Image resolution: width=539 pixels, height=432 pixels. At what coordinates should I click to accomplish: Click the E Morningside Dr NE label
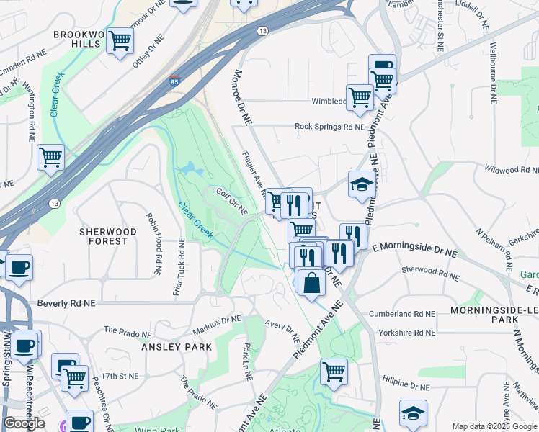(414, 251)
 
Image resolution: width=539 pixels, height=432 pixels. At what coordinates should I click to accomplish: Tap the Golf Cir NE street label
(231, 202)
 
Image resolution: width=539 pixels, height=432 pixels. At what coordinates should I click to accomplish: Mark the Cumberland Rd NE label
(401, 314)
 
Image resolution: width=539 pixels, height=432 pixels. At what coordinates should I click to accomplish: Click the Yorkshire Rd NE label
(401, 333)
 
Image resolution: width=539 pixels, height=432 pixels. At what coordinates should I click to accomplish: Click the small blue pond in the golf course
(189, 170)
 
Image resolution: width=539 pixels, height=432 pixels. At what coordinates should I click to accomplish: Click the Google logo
(24, 423)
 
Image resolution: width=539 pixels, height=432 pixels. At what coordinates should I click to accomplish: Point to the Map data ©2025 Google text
(494, 426)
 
